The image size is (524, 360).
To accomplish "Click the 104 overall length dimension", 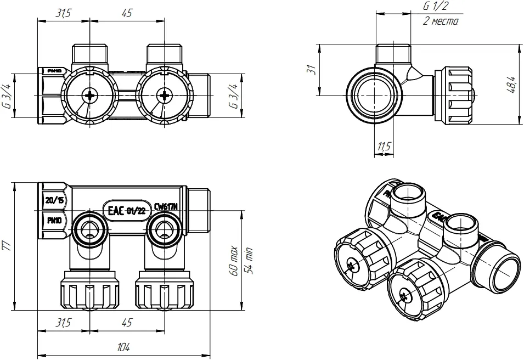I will [x=124, y=347].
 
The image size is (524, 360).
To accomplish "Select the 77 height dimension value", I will [x=7, y=245].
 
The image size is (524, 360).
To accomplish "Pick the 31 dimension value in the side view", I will [x=311, y=70].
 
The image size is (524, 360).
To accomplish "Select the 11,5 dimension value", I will [x=384, y=147].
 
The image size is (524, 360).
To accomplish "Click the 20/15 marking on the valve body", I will [x=54, y=200].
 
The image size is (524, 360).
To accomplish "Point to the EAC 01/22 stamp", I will [x=125, y=211].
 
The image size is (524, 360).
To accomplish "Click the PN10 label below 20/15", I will [x=54, y=221].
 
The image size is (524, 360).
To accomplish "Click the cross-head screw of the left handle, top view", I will [x=89, y=95].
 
